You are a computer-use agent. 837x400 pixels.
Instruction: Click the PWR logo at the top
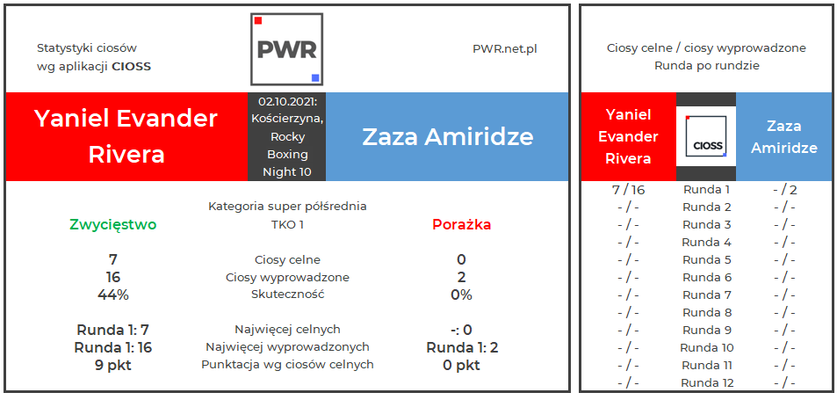286,49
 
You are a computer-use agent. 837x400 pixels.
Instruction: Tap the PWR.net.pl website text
504,49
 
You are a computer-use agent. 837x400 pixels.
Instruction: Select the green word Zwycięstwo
113,224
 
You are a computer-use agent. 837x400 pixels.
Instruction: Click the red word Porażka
461,224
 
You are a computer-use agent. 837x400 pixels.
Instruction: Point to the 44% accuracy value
113,295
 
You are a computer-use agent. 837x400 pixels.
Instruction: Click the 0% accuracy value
461,295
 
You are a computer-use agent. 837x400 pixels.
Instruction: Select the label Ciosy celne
287,260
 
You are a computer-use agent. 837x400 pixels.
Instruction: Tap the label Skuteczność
287,295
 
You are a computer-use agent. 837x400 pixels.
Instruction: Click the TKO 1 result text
287,224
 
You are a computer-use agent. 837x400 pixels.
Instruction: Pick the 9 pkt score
113,365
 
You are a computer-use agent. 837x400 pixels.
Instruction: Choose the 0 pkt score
461,365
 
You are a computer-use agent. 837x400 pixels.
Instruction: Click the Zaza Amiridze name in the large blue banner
448,137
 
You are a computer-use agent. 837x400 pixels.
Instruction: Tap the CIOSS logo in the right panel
706,137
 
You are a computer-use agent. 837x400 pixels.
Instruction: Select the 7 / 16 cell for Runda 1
627,190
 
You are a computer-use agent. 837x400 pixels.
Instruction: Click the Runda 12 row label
706,383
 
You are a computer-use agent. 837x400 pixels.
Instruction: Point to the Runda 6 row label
706,278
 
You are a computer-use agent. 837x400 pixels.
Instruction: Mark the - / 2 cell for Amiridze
783,190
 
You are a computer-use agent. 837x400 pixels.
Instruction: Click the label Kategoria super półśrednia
287,207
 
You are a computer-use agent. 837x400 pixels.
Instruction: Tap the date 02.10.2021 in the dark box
286,102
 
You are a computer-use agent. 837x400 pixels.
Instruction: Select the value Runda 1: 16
113,347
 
